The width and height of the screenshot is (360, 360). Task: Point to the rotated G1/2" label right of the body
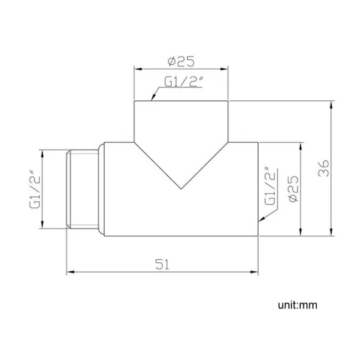click(270, 187)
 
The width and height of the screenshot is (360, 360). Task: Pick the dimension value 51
click(161, 264)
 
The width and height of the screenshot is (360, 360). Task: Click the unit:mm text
click(298, 305)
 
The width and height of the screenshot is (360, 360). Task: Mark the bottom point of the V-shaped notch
click(181, 188)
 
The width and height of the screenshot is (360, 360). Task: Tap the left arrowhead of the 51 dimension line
click(69, 272)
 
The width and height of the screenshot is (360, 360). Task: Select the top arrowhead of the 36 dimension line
click(331, 103)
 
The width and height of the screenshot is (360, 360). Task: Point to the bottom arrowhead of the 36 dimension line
click(331, 234)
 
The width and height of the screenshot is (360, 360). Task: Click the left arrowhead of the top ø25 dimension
click(137, 69)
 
